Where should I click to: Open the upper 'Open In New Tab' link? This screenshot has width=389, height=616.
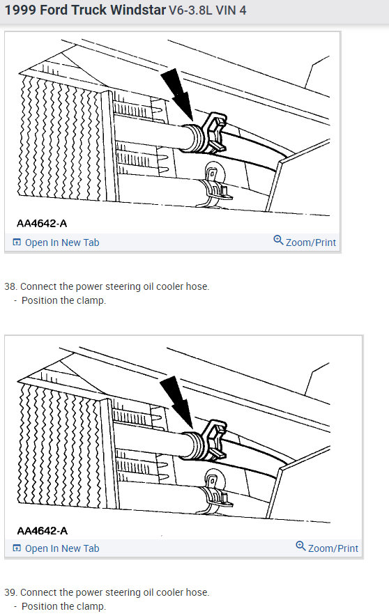coord(61,242)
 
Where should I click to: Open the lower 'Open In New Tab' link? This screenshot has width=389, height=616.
coord(61,548)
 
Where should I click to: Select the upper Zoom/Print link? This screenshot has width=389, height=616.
coord(310,242)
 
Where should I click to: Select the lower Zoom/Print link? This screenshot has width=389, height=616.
coord(333,548)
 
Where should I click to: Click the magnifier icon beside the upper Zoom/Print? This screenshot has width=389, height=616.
coord(278,241)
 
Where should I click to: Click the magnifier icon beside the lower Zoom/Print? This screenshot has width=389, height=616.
coord(300,547)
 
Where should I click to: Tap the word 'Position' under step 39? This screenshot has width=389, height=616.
coord(40,606)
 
